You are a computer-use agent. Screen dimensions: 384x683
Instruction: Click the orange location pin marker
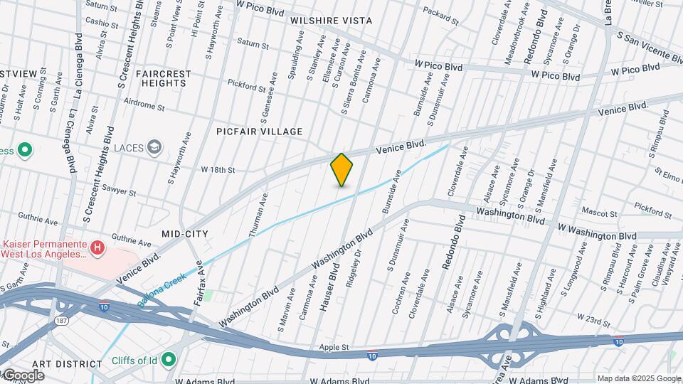tap(342, 170)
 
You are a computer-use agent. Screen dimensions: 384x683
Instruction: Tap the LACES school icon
tap(154, 147)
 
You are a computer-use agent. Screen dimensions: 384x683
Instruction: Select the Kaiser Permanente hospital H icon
tap(97, 248)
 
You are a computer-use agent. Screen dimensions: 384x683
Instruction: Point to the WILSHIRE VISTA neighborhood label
tap(331, 21)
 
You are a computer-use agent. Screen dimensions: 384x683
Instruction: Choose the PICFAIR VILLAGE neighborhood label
tap(260, 132)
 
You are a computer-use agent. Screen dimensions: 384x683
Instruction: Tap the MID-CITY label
tap(185, 233)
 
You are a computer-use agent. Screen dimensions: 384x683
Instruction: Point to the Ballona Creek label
tap(162, 289)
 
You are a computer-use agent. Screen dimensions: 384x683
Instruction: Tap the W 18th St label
tap(218, 170)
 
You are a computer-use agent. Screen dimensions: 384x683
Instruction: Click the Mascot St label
tap(598, 213)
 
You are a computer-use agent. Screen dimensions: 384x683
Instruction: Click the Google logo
tap(23, 375)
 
